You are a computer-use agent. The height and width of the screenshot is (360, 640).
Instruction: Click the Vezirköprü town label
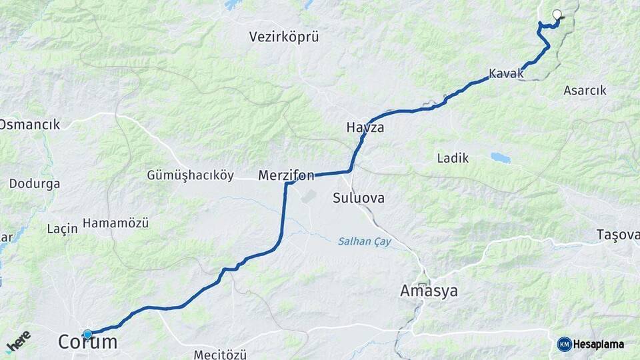[x=284, y=37]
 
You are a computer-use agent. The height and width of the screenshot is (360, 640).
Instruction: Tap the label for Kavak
[x=506, y=73]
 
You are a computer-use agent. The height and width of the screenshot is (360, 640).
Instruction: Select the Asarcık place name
[x=585, y=90]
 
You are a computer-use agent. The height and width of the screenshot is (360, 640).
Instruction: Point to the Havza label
[x=365, y=127]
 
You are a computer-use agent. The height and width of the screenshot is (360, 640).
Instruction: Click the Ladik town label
[x=453, y=159]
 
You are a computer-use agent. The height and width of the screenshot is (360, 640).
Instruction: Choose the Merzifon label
[x=286, y=176]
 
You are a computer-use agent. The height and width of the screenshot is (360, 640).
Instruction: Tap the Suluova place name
[x=359, y=198]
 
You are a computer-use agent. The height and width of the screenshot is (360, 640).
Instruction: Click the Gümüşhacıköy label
[x=191, y=176]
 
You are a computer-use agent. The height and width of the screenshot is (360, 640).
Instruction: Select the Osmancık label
[x=30, y=125]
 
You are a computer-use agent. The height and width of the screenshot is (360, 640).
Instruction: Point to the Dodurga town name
[x=35, y=183]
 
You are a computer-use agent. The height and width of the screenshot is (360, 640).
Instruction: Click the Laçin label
[x=63, y=229]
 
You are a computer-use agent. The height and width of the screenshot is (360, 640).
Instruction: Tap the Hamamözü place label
[x=115, y=223]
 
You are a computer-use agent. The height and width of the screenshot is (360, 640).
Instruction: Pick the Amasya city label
[x=429, y=291]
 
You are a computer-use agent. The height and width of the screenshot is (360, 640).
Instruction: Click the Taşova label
[x=618, y=235]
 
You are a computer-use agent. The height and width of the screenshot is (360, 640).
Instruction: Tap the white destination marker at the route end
[x=557, y=14]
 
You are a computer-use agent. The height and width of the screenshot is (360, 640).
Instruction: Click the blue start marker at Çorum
[x=87, y=333]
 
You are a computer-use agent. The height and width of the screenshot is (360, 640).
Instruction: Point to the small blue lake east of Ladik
[x=500, y=158]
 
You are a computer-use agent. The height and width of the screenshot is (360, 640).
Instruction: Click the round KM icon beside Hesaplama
[x=564, y=344]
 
